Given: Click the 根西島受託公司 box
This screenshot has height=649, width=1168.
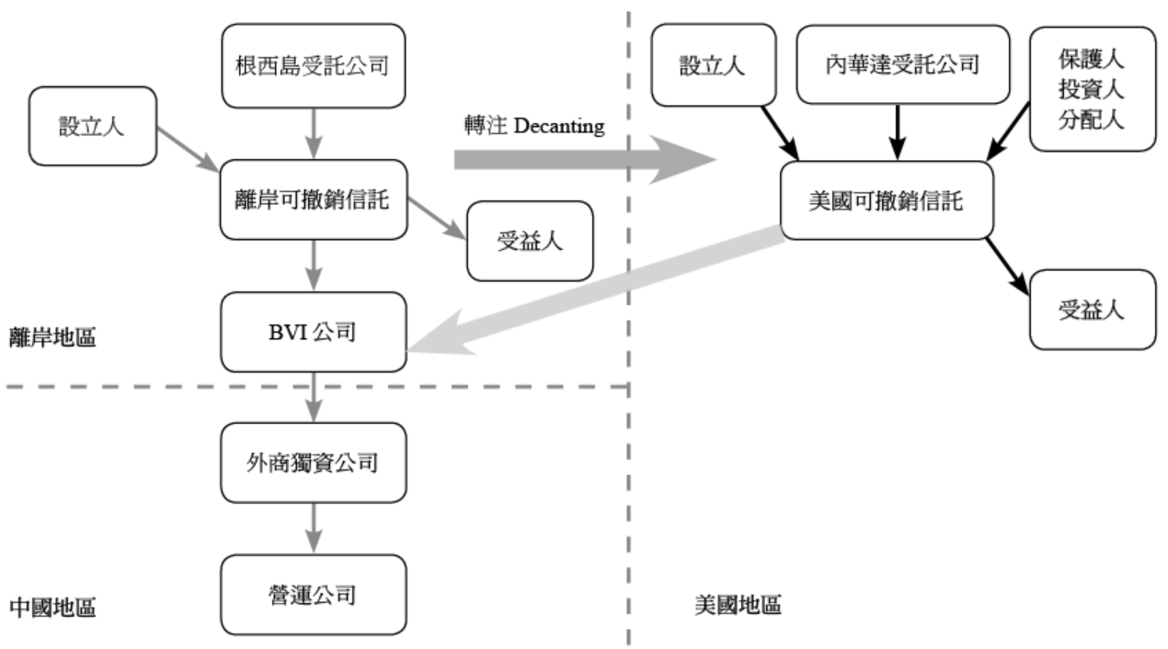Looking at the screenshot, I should [x=314, y=65].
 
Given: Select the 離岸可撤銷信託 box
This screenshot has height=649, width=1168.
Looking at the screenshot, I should [x=314, y=199].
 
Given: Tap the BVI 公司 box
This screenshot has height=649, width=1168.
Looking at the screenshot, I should [x=314, y=332].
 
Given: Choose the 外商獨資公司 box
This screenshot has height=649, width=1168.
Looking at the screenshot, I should [x=314, y=462].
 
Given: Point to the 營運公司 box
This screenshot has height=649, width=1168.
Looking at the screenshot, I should [x=314, y=594].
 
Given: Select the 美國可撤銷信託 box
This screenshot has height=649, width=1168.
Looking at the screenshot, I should [x=886, y=199].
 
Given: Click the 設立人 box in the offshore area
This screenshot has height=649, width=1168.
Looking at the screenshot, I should [x=92, y=126].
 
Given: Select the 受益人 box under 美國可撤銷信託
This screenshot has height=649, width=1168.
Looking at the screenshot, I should [x=1092, y=309].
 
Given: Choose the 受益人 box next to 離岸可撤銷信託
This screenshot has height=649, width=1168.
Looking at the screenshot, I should [x=530, y=241].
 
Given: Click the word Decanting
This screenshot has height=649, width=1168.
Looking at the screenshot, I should [x=558, y=127].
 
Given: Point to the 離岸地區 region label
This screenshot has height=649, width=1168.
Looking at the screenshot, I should [x=52, y=337].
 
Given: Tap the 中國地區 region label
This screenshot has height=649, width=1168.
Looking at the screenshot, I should [x=52, y=608].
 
